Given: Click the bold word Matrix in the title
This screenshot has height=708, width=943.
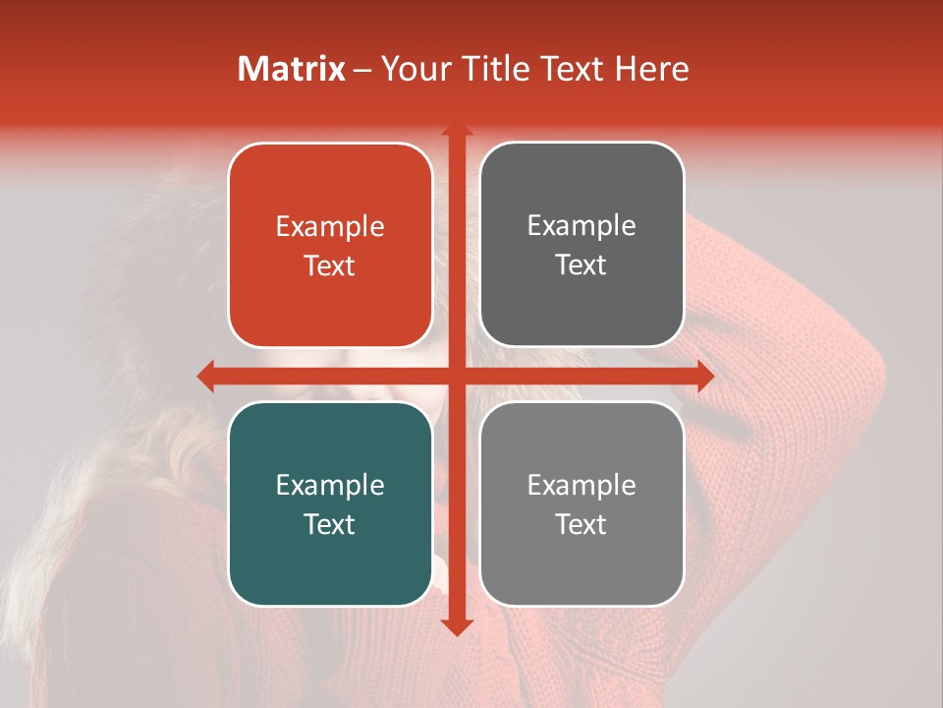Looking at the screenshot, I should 292,69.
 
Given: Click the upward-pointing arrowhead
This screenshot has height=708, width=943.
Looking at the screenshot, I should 456,131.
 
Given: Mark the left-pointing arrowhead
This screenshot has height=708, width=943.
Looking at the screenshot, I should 206,376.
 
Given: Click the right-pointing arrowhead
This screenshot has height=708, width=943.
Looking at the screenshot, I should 704,376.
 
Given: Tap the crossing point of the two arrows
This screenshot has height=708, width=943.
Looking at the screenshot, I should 456,376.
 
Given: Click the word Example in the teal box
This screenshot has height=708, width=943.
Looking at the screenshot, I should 330,485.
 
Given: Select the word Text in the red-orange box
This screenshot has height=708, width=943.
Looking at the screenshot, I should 330,266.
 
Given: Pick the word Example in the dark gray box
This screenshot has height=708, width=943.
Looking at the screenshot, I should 582,226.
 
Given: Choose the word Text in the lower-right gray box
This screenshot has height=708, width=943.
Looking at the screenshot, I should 582,524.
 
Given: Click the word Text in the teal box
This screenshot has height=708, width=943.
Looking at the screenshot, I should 330,524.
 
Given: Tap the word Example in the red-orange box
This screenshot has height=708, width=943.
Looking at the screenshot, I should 330,227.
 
